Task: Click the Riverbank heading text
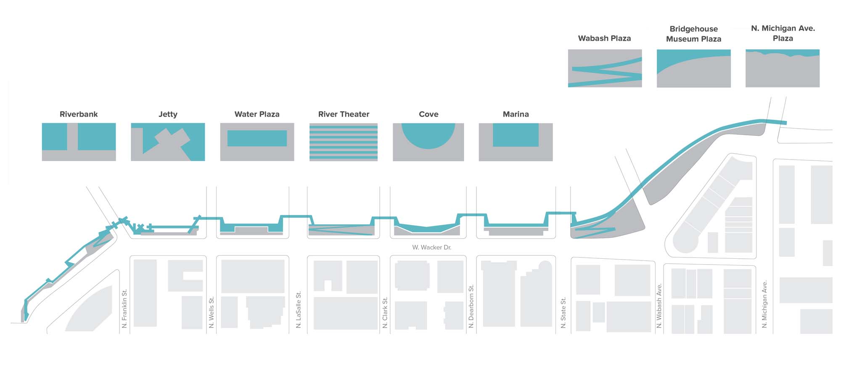point(79,114)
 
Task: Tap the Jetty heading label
point(168,114)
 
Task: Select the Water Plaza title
point(257,114)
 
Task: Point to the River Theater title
point(344,114)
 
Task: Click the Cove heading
point(428,114)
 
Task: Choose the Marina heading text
point(516,114)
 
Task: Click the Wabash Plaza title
point(604,38)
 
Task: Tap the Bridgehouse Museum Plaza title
point(693,34)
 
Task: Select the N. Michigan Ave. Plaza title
point(783,33)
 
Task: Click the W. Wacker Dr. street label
point(432,247)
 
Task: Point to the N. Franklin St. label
point(124,309)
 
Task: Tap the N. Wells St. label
point(212,312)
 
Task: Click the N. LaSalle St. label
point(299,310)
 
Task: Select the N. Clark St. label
point(385,312)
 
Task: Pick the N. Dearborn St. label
point(471,306)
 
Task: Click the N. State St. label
point(563,313)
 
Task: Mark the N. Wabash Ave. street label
point(659,306)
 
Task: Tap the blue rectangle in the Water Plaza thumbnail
point(257,138)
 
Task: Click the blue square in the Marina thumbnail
point(516,135)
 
